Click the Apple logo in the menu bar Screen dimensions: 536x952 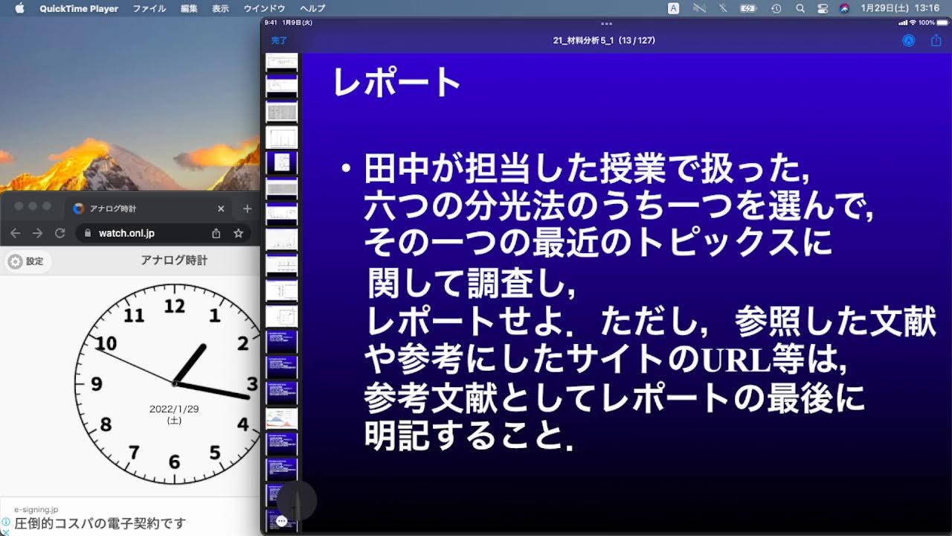(19, 8)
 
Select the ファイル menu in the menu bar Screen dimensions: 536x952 (149, 9)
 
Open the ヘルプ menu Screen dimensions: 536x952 (312, 9)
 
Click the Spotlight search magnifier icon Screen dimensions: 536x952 (800, 9)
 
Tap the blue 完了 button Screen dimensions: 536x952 (279, 40)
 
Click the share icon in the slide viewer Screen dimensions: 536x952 (936, 41)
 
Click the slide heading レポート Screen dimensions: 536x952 (396, 82)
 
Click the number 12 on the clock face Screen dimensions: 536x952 (175, 306)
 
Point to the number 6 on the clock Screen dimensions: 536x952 (174, 462)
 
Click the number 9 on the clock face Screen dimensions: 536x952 (97, 385)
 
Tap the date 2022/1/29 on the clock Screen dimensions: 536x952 (174, 409)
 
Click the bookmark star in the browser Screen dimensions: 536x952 (238, 233)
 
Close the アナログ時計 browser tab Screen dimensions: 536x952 (221, 209)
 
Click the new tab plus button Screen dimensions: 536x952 (248, 209)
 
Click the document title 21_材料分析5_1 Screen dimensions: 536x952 (581, 40)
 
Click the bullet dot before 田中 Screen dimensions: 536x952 (345, 170)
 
